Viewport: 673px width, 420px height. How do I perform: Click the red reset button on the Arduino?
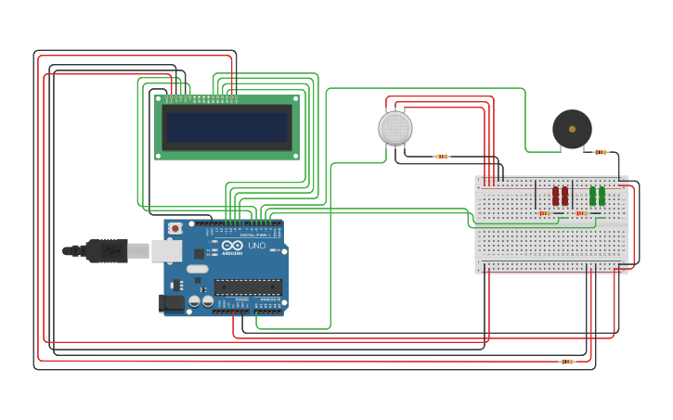[175, 228]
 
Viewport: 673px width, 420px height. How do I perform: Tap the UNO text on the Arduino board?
[257, 246]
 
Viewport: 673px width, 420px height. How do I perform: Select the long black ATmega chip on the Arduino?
[248, 287]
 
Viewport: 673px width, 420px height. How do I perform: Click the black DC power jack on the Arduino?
[171, 302]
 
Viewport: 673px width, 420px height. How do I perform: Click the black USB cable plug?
[107, 250]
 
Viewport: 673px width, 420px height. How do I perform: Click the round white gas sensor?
[395, 128]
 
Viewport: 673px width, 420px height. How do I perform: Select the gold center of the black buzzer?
[572, 129]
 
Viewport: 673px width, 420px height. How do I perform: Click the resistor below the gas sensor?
[442, 157]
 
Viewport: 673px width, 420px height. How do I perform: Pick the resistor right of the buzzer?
[601, 152]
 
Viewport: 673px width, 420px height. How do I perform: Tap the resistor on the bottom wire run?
[567, 362]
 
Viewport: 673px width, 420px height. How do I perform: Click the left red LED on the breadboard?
[556, 196]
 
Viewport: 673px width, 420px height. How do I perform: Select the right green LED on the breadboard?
[602, 196]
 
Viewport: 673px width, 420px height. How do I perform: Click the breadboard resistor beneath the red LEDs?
[545, 213]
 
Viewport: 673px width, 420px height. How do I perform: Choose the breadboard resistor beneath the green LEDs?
[582, 213]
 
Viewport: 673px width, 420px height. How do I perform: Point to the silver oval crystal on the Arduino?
[198, 269]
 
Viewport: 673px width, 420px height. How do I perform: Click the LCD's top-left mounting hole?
[158, 98]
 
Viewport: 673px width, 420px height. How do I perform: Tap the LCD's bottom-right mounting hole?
[296, 156]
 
